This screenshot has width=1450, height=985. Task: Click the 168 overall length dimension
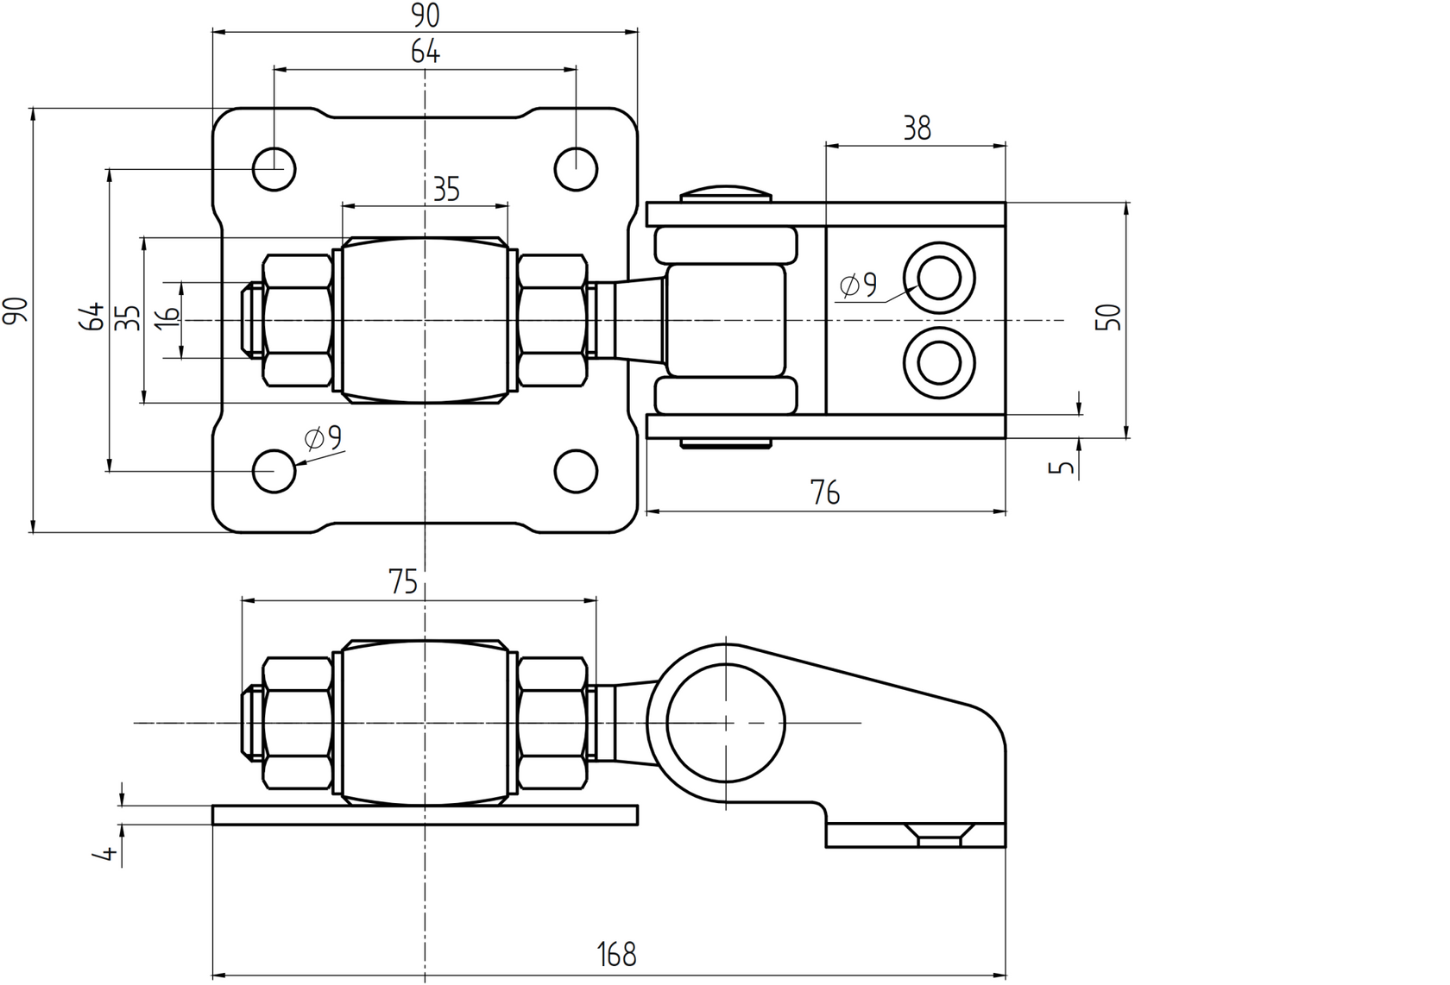[x=616, y=954]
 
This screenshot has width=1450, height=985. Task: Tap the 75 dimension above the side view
[x=403, y=583]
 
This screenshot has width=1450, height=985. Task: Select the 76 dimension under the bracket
[x=825, y=493]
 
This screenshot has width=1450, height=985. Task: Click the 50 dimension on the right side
[x=1112, y=317]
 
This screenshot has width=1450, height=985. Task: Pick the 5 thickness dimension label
[x=1065, y=467]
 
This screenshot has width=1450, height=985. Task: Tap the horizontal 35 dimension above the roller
[x=445, y=190]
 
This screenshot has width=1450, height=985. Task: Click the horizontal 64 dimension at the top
[x=425, y=53]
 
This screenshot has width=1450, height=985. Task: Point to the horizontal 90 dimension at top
[x=425, y=16]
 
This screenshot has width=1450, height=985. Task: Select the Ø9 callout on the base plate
[x=324, y=439]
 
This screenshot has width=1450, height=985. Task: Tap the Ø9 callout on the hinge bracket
[x=858, y=284]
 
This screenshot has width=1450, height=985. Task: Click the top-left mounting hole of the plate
[x=274, y=168]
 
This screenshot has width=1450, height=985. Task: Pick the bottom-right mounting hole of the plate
[x=576, y=471]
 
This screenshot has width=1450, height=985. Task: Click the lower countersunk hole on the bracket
[x=939, y=362]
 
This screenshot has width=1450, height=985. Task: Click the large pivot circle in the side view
[x=726, y=723]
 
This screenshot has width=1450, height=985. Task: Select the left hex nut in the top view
[x=298, y=320]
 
